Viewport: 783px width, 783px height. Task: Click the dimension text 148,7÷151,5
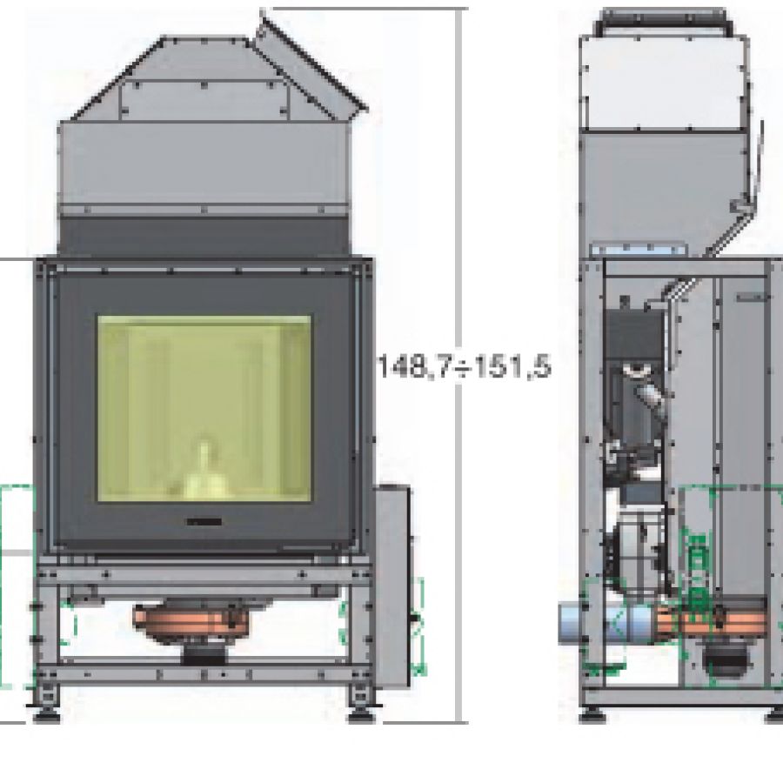coord(465,366)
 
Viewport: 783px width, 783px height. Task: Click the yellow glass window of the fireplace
coord(204,408)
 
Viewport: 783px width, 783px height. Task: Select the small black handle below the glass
coord(204,522)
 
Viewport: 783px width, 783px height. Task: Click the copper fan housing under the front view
coord(192,623)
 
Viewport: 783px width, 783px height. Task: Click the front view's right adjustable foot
coord(360,705)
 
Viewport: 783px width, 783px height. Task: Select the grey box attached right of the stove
coord(392,586)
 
